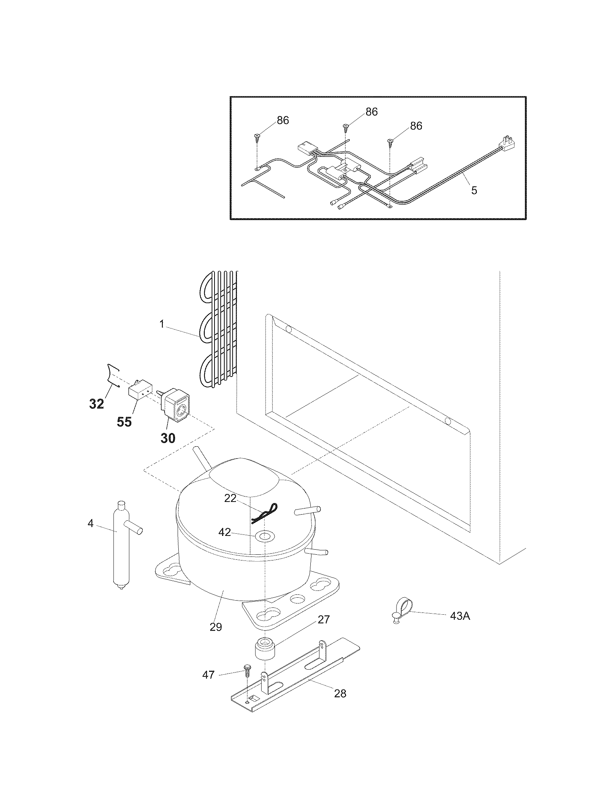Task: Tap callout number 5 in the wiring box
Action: coord(474,190)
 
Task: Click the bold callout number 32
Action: coord(97,404)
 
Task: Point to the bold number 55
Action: coord(124,422)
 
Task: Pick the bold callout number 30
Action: coord(168,438)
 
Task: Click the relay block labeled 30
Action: coord(175,407)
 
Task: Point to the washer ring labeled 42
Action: coord(265,535)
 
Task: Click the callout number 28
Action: coord(340,693)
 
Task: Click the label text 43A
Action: coord(460,616)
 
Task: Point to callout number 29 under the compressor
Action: coord(216,627)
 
